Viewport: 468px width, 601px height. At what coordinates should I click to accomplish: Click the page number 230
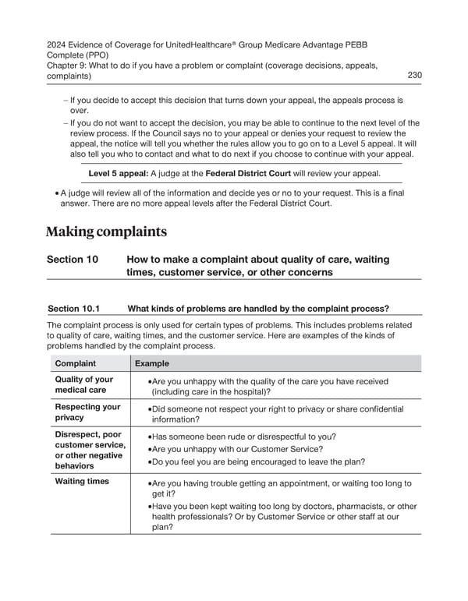coord(415,75)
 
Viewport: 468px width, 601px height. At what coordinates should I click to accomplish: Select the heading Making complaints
coord(105,232)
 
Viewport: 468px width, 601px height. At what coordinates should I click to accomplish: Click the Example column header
coord(153,363)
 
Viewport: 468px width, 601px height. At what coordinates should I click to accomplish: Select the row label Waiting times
coord(81,481)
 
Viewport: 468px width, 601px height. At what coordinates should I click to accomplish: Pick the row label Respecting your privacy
coord(87,412)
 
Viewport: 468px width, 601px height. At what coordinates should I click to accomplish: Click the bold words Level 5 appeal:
coord(119,173)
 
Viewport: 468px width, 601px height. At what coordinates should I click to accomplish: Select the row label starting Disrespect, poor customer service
coord(87,449)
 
